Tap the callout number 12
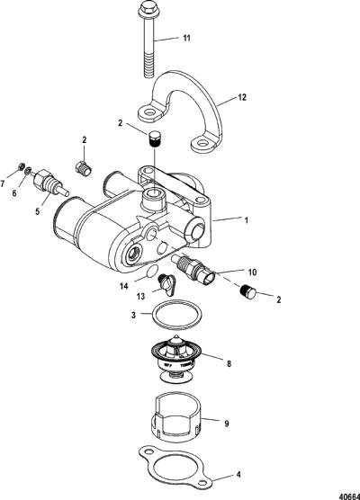point(242,97)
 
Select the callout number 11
point(186,38)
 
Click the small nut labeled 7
point(21,166)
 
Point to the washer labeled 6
point(29,171)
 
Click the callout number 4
point(238,474)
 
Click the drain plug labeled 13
point(166,284)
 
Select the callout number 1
point(246,220)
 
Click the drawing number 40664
point(349,496)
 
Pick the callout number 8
point(229,363)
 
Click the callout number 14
point(124,286)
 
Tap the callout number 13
point(140,297)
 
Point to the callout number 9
point(227,424)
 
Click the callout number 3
point(133,315)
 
